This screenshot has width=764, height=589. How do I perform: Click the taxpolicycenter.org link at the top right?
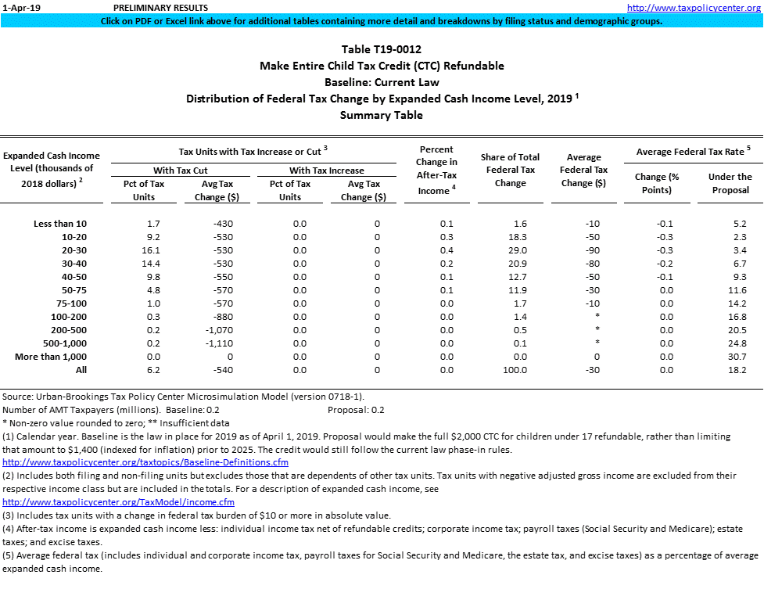click(x=694, y=8)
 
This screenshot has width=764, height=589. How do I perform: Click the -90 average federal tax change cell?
click(x=591, y=250)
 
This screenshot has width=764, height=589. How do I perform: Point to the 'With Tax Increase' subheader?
click(x=326, y=171)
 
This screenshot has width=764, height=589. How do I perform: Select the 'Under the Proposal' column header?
click(x=730, y=183)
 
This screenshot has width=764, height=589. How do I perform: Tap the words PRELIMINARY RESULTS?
click(x=149, y=8)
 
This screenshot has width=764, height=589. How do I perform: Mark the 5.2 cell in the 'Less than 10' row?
click(x=737, y=224)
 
